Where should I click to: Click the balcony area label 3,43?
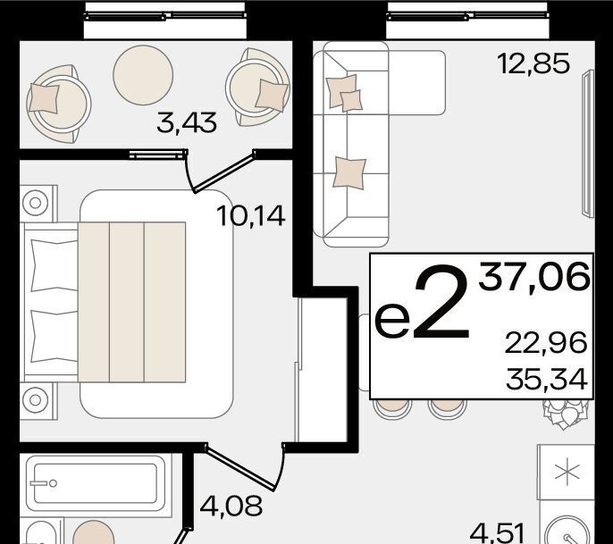[187, 122]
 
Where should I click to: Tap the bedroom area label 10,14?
[250, 216]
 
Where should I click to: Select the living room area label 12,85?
[533, 63]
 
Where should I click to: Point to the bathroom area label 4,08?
[231, 506]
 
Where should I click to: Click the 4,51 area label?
[497, 534]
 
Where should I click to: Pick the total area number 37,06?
[534, 277]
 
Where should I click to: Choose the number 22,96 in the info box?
[546, 343]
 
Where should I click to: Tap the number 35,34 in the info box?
[547, 379]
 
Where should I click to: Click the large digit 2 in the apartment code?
[441, 302]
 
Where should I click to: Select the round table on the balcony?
[143, 75]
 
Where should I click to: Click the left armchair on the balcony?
[58, 104]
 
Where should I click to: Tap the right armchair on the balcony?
[257, 88]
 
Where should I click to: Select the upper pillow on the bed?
[54, 265]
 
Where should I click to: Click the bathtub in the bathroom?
[96, 483]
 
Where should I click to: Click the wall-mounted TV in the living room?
[588, 144]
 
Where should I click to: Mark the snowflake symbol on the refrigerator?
[567, 473]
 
